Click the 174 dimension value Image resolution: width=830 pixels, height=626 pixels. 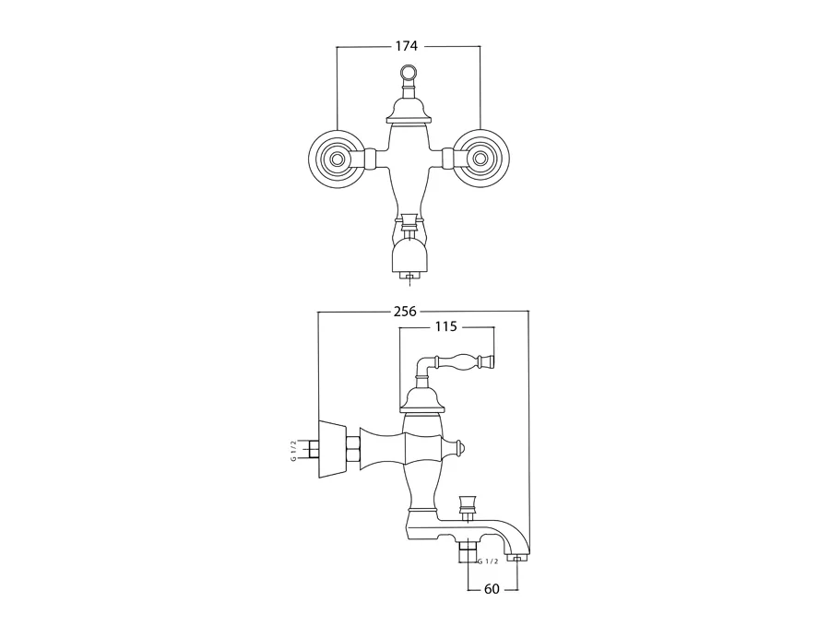tap(408, 46)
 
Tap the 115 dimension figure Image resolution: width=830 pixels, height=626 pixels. tap(446, 326)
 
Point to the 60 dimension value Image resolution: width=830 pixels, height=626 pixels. tap(493, 589)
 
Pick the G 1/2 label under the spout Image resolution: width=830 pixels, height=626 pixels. tap(488, 561)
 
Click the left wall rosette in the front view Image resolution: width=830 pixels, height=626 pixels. tap(337, 159)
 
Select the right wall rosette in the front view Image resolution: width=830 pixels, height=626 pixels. tap(480, 159)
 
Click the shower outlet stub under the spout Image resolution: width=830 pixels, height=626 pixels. tap(468, 553)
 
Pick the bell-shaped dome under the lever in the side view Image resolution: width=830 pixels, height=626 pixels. tap(421, 398)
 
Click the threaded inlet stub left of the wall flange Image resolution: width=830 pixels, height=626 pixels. tap(312, 450)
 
